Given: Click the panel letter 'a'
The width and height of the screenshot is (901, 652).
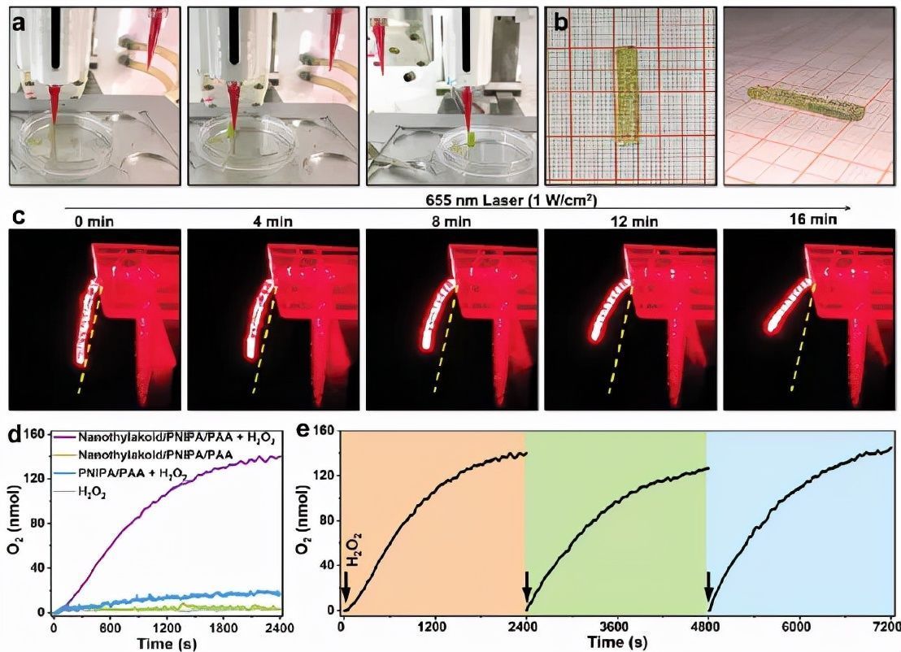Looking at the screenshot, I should click(x=18, y=22).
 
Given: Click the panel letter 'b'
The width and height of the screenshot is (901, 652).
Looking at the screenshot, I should click(x=561, y=22).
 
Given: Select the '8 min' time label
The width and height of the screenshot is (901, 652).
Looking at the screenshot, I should click(x=437, y=220).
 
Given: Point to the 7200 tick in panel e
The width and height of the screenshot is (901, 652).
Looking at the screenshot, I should click(x=882, y=626).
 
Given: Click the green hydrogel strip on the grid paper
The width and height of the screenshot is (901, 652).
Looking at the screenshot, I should click(x=625, y=95).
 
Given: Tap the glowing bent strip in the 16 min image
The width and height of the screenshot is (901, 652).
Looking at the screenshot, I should click(x=790, y=306).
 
